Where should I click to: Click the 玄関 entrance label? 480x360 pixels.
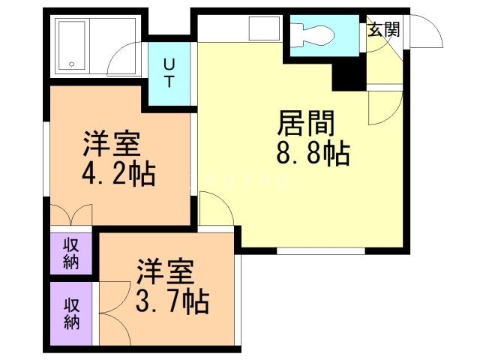click(383, 29)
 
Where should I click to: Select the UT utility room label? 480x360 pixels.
click(170, 73)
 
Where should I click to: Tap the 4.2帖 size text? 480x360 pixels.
click(118, 174)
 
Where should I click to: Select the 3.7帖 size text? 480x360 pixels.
click(172, 301)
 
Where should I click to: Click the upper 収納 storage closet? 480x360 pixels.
click(71, 253)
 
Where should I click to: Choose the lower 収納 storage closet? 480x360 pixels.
click(71, 313)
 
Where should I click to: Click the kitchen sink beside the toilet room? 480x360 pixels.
click(265, 28)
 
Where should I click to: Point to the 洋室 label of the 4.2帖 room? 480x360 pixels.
click(112, 142)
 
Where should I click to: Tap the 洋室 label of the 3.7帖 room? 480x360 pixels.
click(166, 269)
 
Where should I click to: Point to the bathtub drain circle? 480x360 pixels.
click(73, 64)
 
